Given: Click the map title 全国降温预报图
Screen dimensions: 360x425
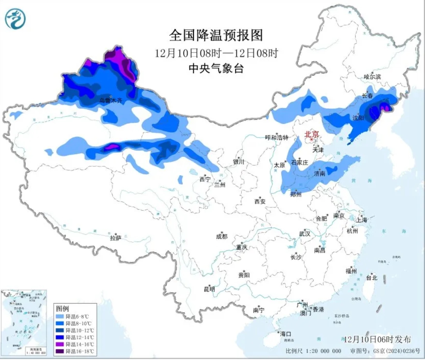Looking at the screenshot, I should (x=216, y=35).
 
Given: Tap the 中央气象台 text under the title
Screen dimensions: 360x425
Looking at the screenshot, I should (x=216, y=68).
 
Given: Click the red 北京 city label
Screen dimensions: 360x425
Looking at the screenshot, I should (x=311, y=133).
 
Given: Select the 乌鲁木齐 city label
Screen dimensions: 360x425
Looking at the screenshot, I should (x=111, y=100).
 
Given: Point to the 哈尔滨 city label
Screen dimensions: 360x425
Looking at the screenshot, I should (x=372, y=77).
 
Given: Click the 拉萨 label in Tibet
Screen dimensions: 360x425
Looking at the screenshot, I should (x=116, y=238).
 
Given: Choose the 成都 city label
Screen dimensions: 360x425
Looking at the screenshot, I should (x=221, y=236).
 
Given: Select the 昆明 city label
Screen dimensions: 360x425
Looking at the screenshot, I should (x=209, y=289).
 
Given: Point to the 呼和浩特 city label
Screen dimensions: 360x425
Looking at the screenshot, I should (x=276, y=138).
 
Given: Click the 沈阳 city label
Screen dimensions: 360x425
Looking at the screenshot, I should (x=358, y=118).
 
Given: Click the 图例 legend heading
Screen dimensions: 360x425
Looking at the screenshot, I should (x=63, y=309).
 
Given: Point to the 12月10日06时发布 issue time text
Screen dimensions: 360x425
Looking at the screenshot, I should (x=377, y=339).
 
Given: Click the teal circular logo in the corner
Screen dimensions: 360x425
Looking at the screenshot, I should (x=15, y=18).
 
